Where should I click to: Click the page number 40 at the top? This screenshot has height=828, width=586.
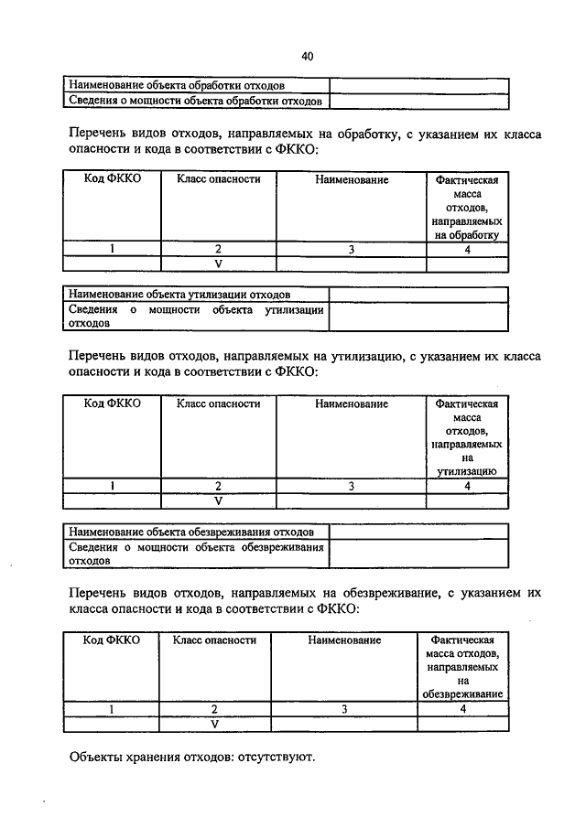pyautogui.click(x=307, y=57)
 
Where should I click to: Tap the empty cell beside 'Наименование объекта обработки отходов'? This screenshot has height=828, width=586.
pyautogui.click(x=419, y=84)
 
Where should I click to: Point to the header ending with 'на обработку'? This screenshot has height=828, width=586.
pyautogui.click(x=467, y=207)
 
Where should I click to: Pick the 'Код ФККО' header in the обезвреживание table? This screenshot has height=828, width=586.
pyautogui.click(x=112, y=640)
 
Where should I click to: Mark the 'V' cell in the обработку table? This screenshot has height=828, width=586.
pyautogui.click(x=219, y=263)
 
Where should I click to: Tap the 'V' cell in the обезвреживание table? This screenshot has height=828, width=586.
pyautogui.click(x=214, y=724)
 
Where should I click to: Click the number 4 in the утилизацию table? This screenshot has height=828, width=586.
pyautogui.click(x=467, y=487)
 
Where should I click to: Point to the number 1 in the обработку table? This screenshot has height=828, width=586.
pyautogui.click(x=113, y=248)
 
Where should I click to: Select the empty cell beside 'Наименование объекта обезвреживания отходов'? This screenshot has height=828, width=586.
pyautogui.click(x=419, y=532)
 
